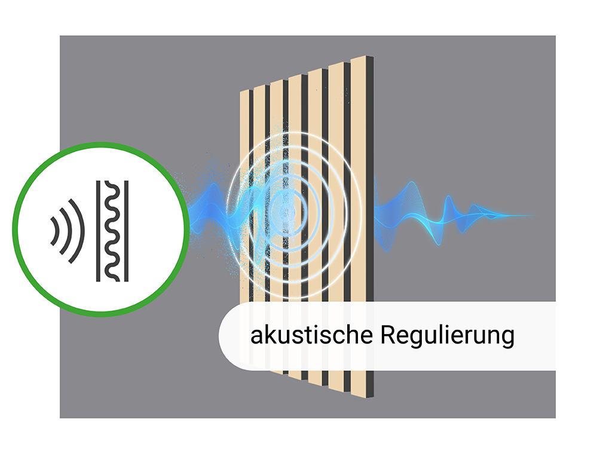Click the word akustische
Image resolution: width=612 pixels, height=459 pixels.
pyautogui.click(x=311, y=335)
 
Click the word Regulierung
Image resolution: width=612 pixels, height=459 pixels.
pyautogui.click(x=447, y=336)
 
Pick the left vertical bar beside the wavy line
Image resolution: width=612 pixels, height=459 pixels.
pyautogui.click(x=98, y=231)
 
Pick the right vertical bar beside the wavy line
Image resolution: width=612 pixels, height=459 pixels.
pyautogui.click(x=126, y=231)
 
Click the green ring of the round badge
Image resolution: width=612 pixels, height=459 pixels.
pyautogui.click(x=100, y=144)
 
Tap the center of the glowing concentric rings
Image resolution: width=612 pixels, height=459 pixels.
pyautogui.click(x=287, y=213)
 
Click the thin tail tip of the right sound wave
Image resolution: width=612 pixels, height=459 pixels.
pyautogui.click(x=531, y=215)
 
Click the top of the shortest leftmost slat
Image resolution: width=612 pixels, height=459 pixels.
pyautogui.click(x=244, y=92)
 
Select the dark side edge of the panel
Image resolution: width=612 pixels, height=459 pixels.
pyautogui.click(x=369, y=227)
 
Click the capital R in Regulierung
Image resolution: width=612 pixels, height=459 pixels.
pyautogui.click(x=387, y=335)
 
